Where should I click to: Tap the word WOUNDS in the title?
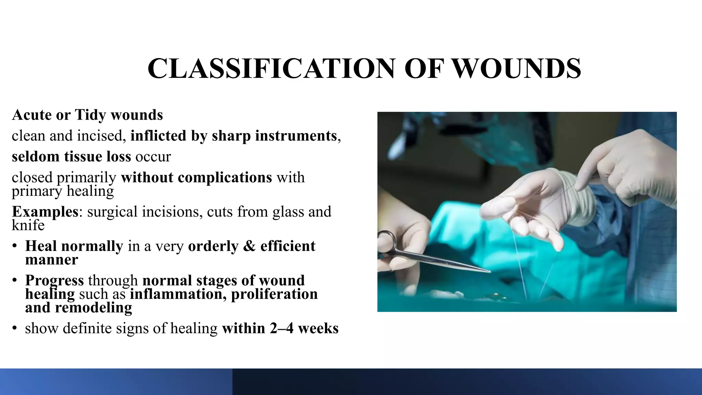pos(517,69)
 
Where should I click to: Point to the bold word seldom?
pos(35,157)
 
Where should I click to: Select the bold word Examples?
pos(45,212)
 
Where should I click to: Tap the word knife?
pos(28,225)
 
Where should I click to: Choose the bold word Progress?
pos(54,280)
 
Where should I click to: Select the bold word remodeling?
pos(93,308)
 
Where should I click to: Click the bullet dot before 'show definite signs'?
pos(14,328)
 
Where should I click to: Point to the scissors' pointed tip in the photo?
pos(489,272)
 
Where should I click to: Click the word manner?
pos(51,260)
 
